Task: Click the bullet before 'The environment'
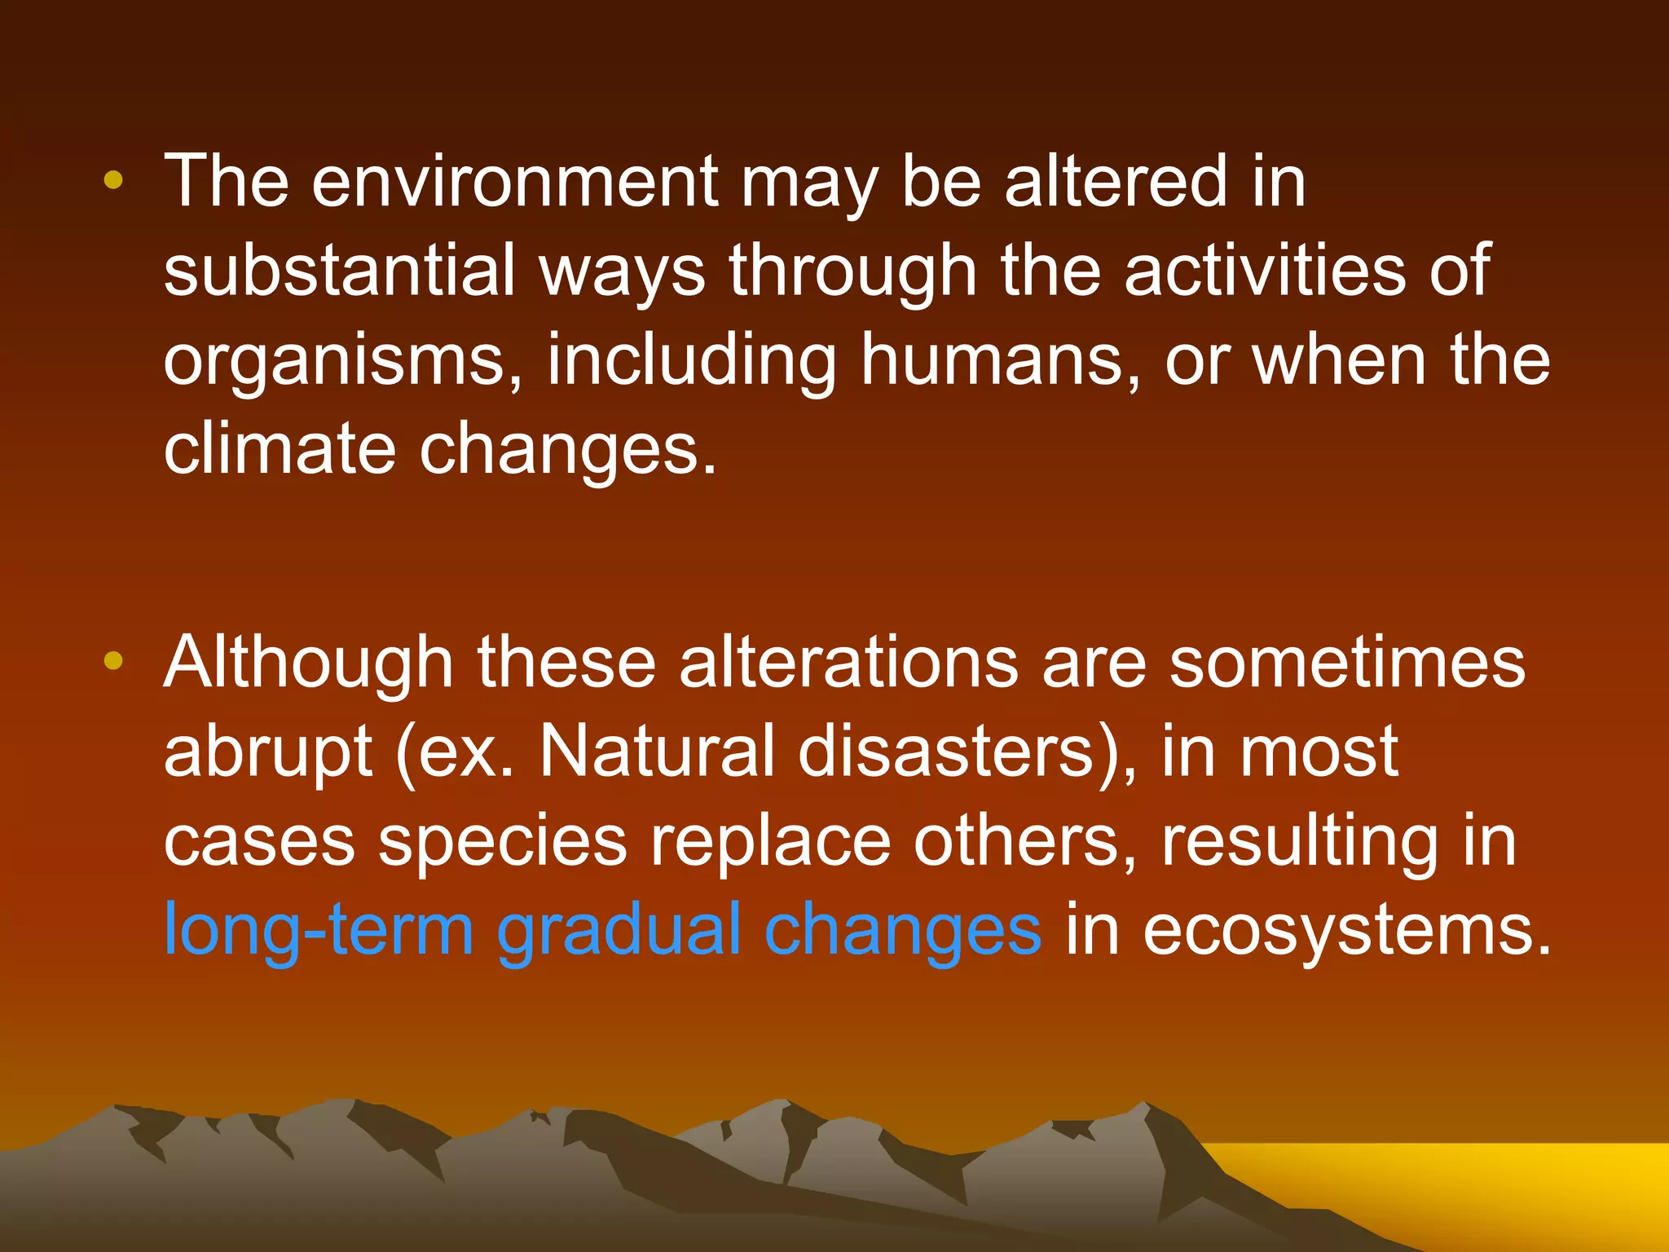click(x=113, y=181)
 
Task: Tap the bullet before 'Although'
click(x=113, y=661)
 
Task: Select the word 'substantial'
click(x=339, y=271)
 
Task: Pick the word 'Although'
click(x=308, y=663)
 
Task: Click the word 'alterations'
click(x=848, y=663)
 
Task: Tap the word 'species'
click(x=503, y=843)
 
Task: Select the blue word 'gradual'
click(x=619, y=932)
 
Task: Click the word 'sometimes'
click(x=1347, y=663)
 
